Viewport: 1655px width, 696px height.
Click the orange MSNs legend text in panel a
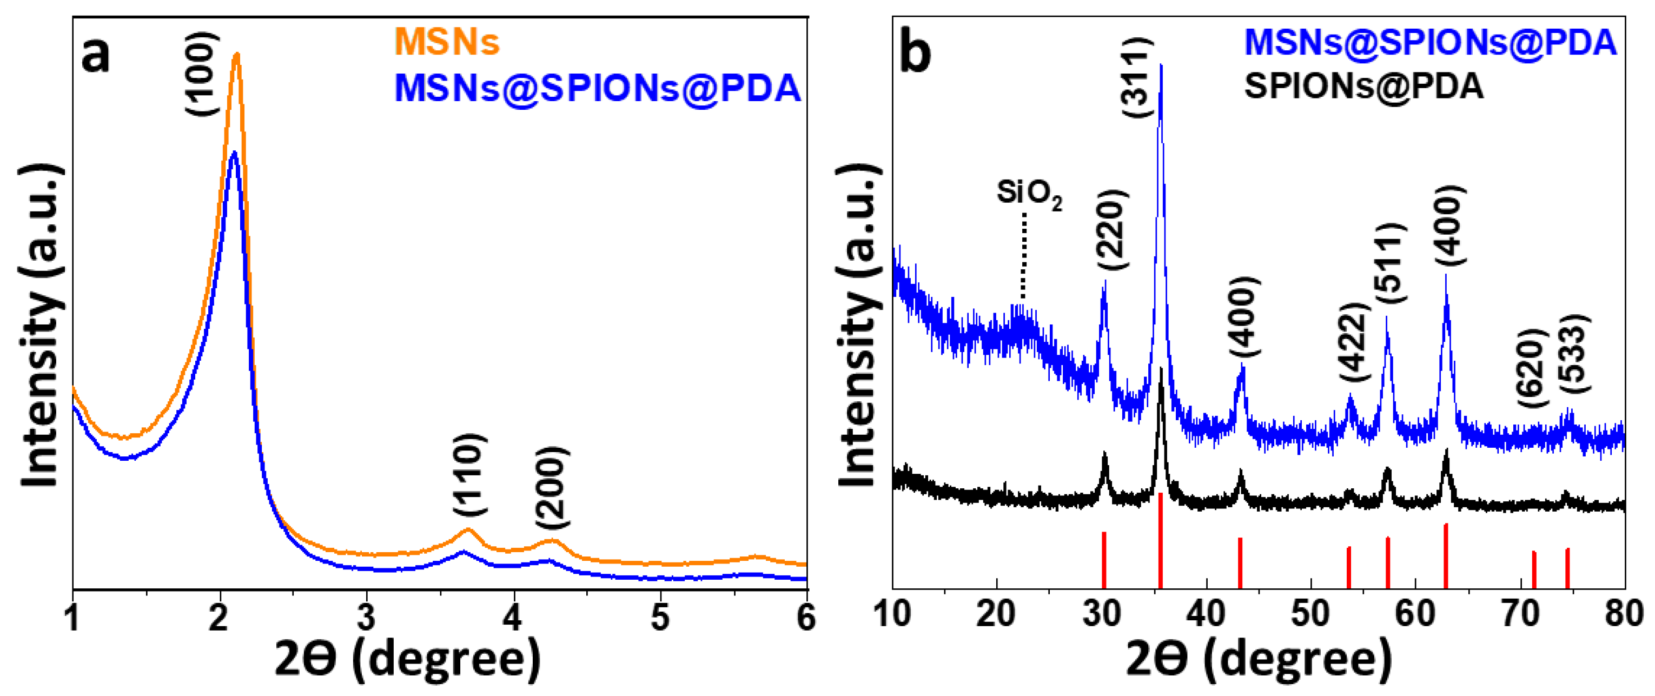pos(447,42)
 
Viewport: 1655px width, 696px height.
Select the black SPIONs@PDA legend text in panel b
pos(1363,86)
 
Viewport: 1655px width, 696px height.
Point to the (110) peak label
pos(469,474)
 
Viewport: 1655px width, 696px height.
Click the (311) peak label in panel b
pos(1138,77)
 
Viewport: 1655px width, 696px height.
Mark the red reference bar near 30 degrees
pos(1104,560)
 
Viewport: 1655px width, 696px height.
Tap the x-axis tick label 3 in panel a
pos(366,618)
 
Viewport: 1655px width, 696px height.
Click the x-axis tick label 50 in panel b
pos(1310,614)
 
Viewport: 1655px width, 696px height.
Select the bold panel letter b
pos(916,52)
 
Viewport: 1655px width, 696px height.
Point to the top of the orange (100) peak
pos(237,56)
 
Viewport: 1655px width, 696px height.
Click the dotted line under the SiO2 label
pos(1023,257)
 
